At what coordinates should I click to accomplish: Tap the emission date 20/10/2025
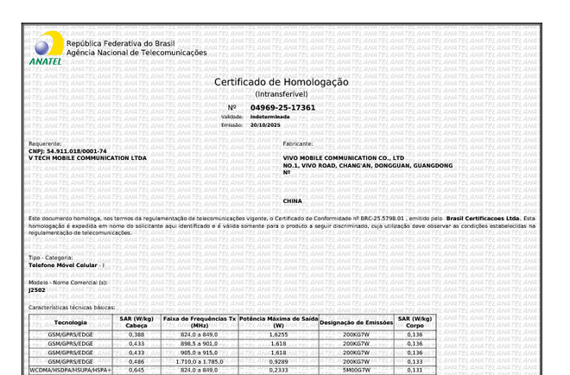(266, 124)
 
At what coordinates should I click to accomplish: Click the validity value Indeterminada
(270, 116)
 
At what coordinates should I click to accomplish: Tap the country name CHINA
(293, 200)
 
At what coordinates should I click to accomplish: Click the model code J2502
(37, 290)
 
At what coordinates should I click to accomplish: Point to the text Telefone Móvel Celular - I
(66, 265)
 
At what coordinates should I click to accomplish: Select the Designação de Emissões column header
(356, 322)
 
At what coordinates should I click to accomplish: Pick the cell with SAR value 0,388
(136, 334)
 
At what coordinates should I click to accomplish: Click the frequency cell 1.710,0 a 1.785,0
(199, 361)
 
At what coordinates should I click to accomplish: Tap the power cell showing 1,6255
(278, 334)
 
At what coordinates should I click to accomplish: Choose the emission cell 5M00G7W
(356, 370)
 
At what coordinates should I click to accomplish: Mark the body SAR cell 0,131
(415, 370)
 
